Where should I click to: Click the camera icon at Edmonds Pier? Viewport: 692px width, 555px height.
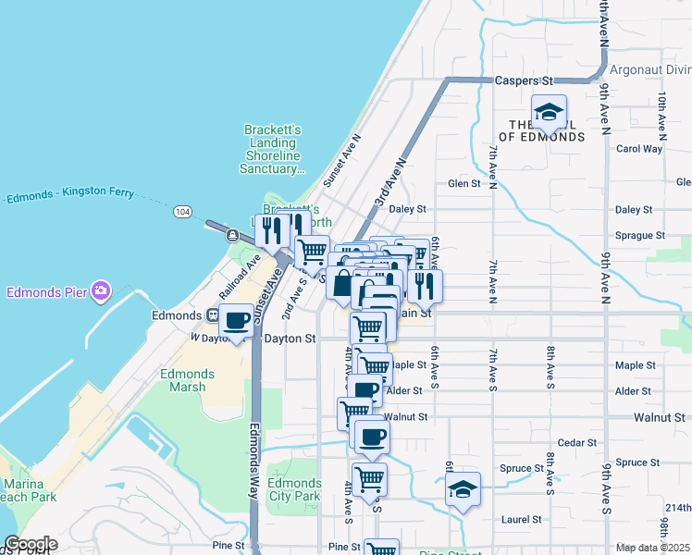100,292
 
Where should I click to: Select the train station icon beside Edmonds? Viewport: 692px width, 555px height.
213,315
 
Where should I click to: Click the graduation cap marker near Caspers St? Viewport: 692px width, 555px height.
550,113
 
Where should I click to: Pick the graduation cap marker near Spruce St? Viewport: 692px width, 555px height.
463,490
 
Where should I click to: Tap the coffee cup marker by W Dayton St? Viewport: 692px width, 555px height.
238,322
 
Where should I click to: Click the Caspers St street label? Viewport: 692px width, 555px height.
524,81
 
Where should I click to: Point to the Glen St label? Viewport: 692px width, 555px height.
464,183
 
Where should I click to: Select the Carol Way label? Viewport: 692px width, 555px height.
639,149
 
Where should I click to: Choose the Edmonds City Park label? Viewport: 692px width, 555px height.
294,489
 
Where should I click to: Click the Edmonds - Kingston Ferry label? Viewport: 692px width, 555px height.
70,194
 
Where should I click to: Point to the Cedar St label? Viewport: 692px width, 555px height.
577,443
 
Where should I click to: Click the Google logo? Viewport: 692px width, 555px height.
30,545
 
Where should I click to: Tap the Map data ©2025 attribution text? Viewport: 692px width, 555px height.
653,548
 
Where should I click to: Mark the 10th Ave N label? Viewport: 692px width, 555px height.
662,113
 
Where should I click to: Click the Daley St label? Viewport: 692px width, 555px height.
407,210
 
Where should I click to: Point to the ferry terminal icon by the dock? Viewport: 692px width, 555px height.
231,236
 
